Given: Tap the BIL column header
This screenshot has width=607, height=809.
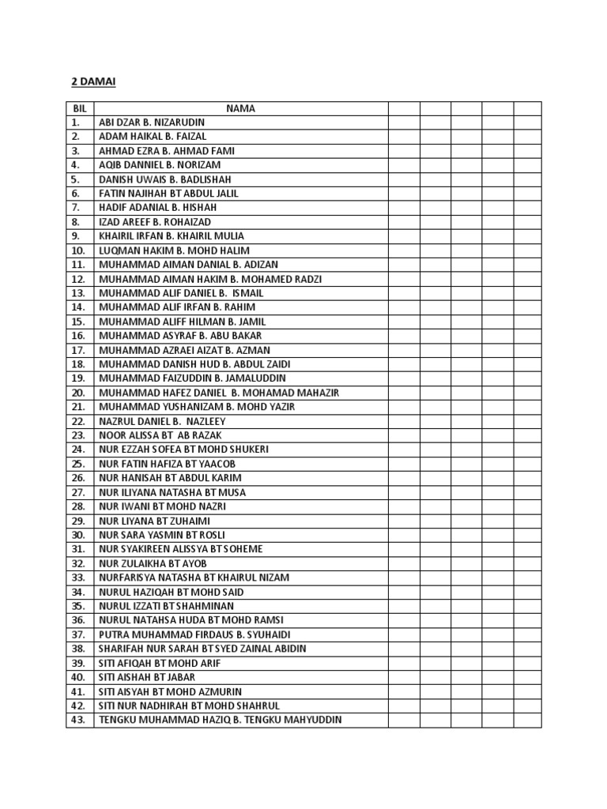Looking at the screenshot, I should tap(79, 108).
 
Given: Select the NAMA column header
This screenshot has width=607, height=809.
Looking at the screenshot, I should tap(240, 108).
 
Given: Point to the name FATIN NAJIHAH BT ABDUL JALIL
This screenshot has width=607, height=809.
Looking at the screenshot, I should tap(168, 194).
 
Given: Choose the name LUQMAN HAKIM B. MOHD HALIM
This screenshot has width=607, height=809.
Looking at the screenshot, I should tap(173, 250).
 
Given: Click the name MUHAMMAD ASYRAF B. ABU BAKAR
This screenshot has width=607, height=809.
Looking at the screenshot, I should tap(180, 336).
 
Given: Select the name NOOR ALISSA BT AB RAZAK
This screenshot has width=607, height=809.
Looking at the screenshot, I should tap(160, 435).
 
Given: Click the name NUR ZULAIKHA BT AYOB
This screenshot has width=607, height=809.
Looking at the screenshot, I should tap(153, 563).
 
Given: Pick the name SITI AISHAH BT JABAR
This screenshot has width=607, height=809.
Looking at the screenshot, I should tap(147, 677).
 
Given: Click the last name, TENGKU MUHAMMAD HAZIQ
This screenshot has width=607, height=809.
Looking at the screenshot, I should tap(220, 720).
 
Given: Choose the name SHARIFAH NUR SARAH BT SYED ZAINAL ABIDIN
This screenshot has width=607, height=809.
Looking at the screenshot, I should tap(202, 649).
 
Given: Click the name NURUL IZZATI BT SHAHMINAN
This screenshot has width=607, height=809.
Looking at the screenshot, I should tap(166, 606).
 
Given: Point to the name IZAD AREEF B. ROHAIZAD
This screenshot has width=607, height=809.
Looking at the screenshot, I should tap(155, 222).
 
